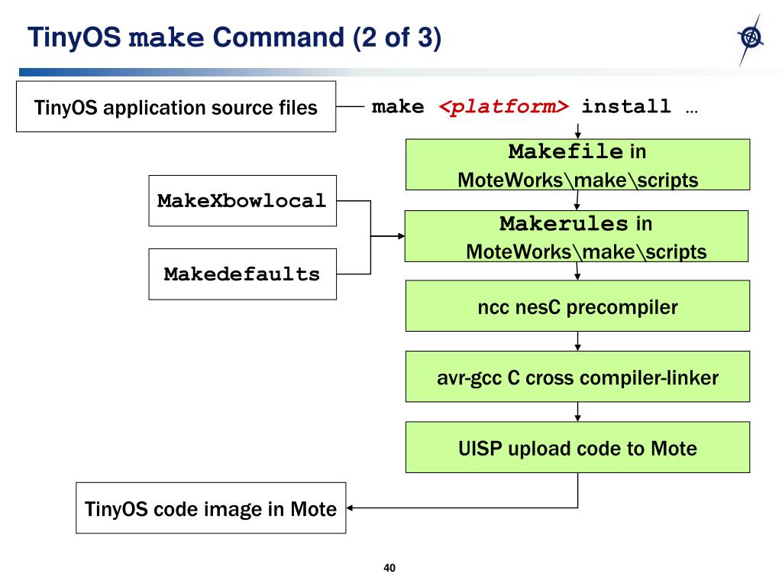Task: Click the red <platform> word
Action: point(504,107)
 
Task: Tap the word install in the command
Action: point(626,106)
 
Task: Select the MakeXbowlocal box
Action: point(242,201)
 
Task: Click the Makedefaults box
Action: point(242,274)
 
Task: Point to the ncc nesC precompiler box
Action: point(577,306)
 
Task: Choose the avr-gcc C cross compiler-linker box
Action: point(577,377)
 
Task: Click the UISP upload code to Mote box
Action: point(577,447)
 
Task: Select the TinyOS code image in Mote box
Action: point(211,508)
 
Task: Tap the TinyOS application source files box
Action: point(176,107)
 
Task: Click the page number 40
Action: point(389,568)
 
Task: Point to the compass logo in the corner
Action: point(751,39)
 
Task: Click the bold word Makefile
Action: point(566,151)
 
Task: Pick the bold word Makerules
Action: point(564,224)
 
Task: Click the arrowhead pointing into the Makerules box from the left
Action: point(402,236)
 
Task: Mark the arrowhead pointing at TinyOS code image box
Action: point(350,508)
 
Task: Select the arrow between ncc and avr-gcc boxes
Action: point(577,342)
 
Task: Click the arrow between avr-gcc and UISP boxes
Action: point(577,412)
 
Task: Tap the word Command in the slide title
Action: point(278,37)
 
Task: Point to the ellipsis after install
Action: point(692,112)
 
